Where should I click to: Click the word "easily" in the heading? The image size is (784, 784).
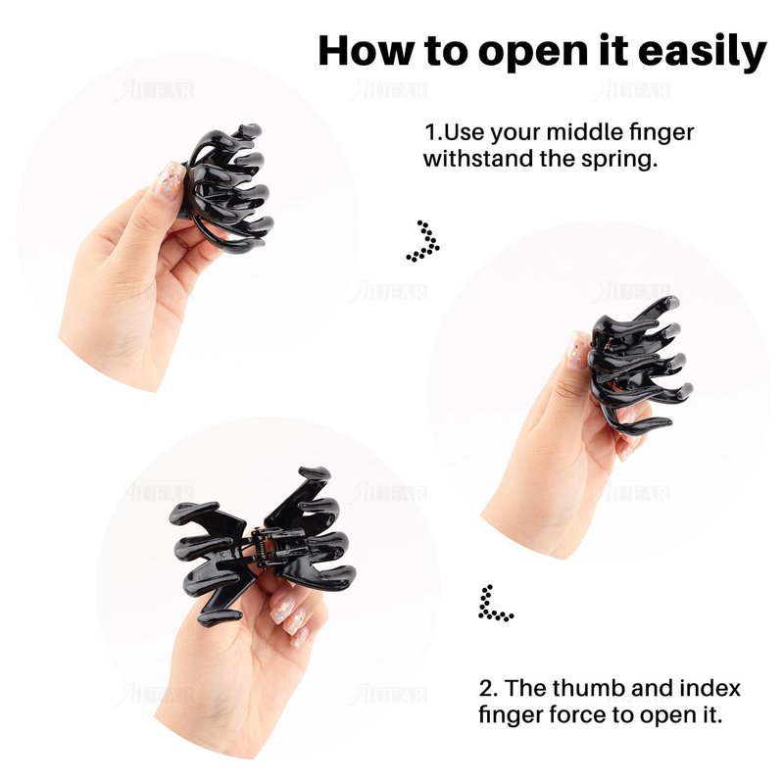click(702, 51)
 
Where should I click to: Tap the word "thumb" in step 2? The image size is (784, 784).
click(583, 688)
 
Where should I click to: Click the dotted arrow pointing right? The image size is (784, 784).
click(424, 240)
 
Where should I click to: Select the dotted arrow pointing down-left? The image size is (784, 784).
click(494, 604)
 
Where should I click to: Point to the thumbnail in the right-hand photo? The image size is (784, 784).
click(579, 351)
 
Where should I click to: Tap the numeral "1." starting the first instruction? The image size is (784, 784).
click(433, 132)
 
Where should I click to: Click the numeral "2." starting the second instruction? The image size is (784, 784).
click(488, 688)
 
